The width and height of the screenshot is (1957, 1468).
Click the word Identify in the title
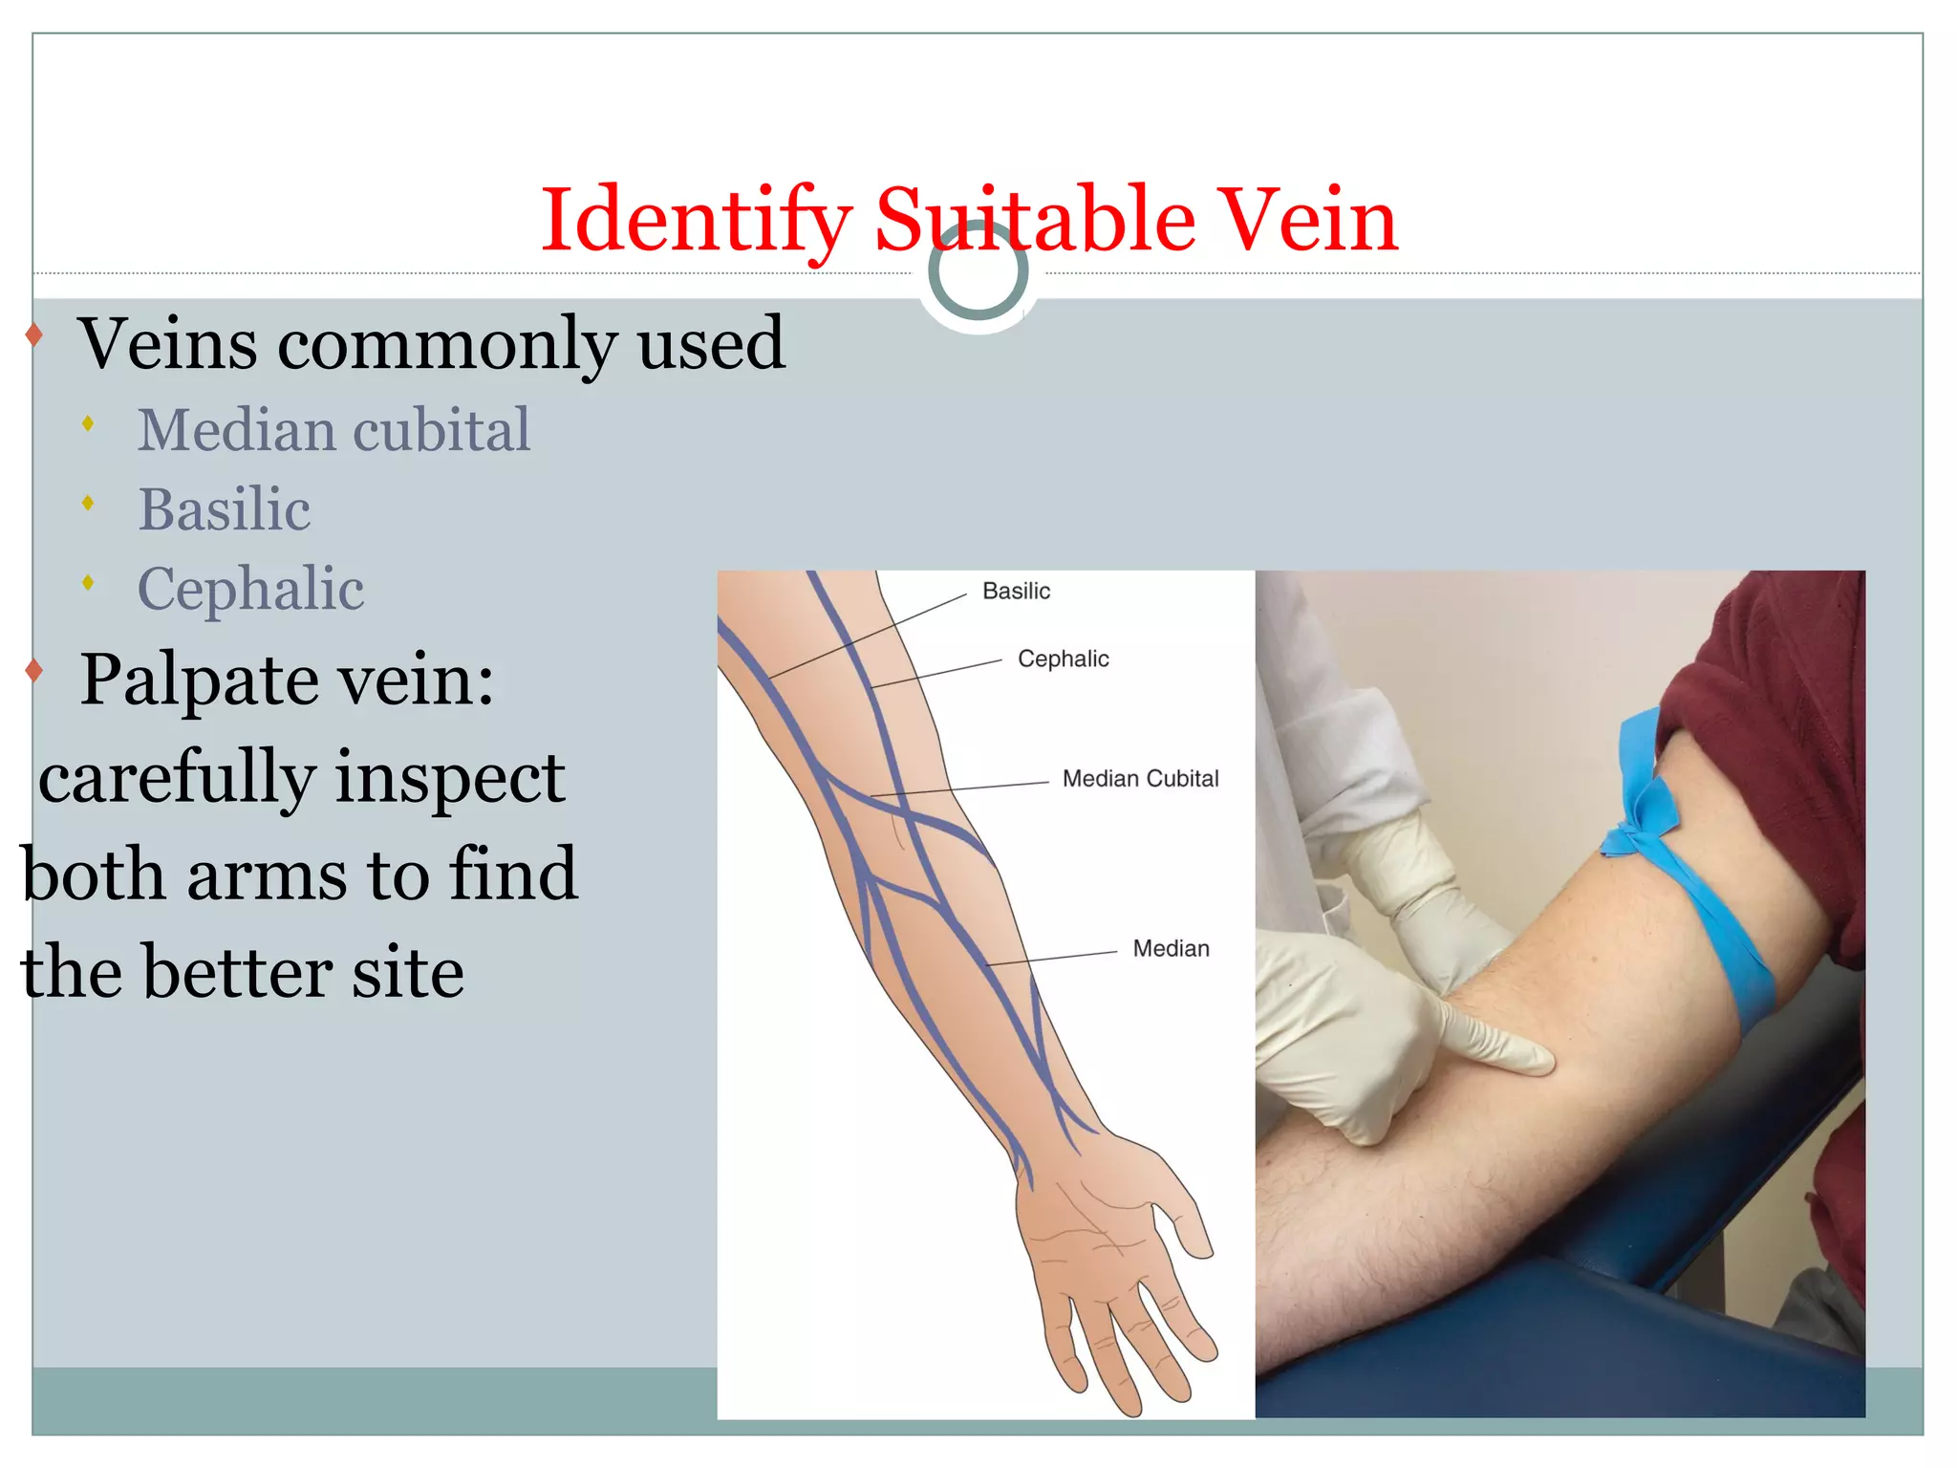[x=696, y=221]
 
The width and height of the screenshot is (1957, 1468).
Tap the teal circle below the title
[x=978, y=270]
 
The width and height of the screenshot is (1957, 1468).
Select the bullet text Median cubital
[x=333, y=429]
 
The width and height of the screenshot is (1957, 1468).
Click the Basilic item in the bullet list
[x=225, y=508]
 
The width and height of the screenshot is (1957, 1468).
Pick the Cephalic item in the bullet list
[x=251, y=588]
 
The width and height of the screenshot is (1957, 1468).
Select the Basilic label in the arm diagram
[x=1016, y=592]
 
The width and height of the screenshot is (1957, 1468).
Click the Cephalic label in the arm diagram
[x=1063, y=658]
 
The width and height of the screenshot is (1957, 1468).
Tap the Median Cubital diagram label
[x=1140, y=779]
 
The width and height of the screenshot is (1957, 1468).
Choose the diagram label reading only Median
[x=1171, y=948]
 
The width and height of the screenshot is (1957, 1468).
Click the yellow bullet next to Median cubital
[x=88, y=423]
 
